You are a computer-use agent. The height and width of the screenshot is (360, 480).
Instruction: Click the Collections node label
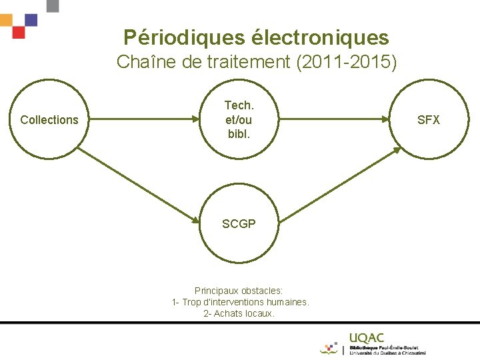[49, 120]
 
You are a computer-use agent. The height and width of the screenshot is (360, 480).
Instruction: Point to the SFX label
[429, 120]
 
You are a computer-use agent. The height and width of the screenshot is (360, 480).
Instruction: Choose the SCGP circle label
[239, 224]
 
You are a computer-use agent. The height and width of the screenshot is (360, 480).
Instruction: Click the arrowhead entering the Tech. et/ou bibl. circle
[198, 120]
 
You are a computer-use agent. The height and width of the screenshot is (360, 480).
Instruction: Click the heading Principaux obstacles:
[239, 291]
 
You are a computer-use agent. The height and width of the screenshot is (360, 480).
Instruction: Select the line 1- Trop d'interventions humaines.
[240, 302]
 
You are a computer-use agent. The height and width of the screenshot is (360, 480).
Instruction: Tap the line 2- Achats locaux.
[239, 313]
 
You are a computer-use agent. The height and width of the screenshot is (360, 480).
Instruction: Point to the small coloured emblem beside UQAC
[329, 348]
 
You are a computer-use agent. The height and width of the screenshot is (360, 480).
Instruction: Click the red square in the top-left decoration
[19, 32]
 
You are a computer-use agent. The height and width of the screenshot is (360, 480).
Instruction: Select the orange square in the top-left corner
[5, 20]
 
